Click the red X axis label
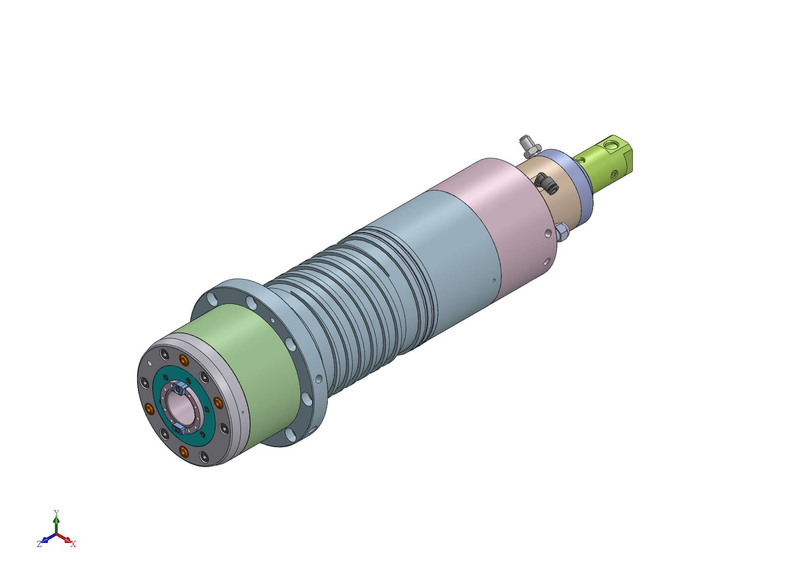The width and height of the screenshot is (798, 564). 73,544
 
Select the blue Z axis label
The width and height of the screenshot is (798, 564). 39,544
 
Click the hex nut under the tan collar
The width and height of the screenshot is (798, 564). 561,232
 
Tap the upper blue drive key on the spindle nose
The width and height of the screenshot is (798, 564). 180,388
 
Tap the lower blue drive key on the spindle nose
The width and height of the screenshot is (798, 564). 180,429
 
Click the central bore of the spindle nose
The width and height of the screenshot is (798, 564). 180,409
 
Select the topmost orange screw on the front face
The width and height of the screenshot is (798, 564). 183,360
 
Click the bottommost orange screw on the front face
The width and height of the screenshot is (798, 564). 184,452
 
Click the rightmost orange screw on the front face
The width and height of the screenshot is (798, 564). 217,403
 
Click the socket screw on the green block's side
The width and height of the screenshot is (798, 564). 614,174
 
